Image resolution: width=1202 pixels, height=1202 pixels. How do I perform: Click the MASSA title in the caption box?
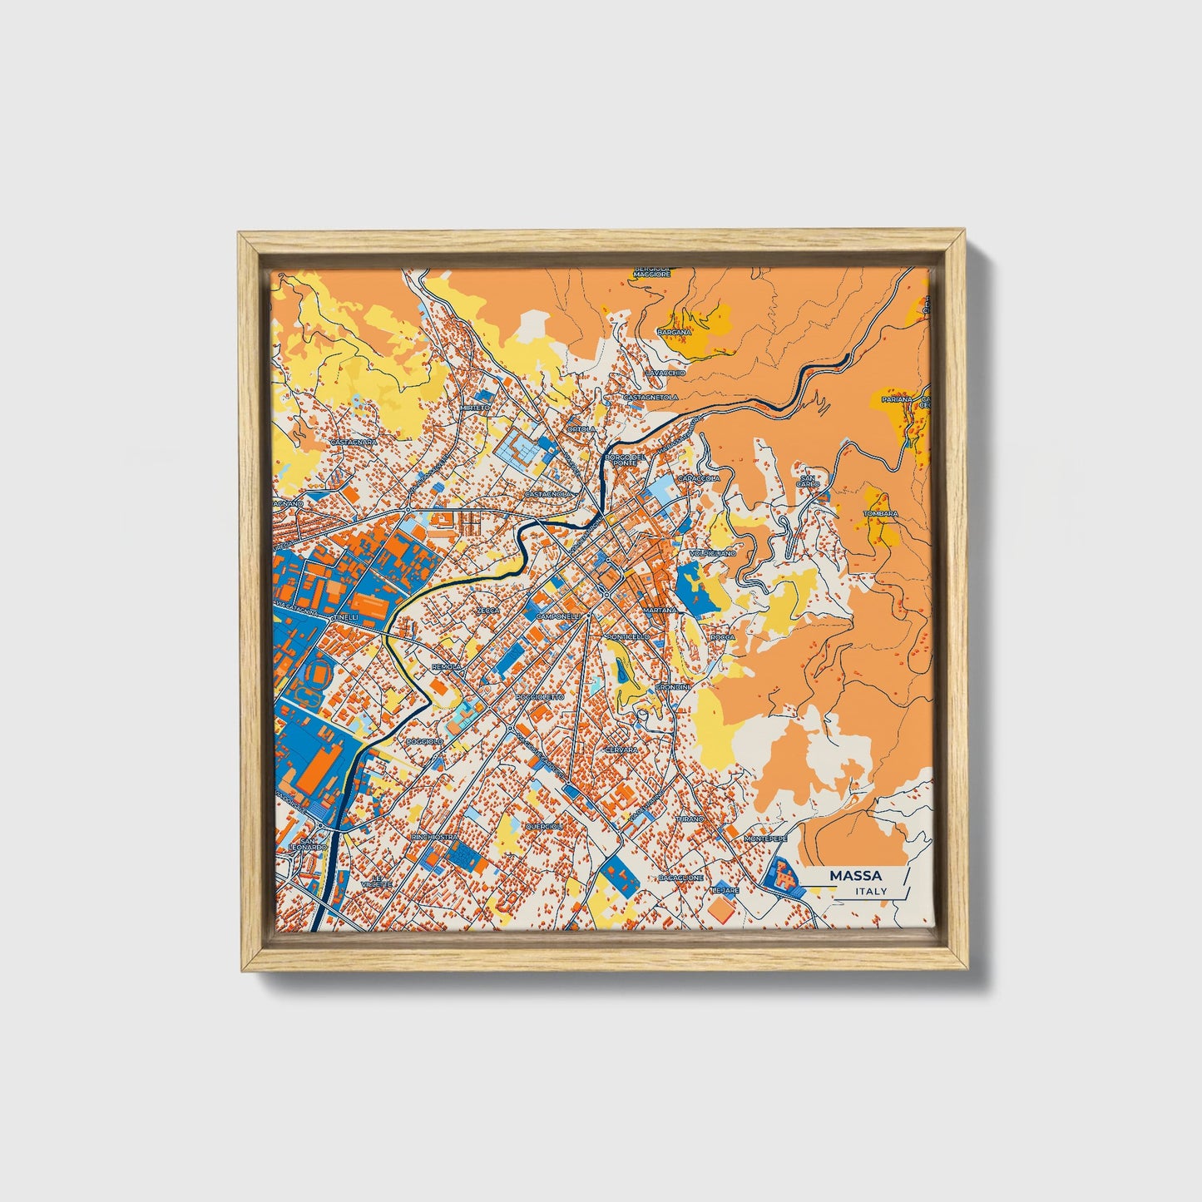click(x=855, y=876)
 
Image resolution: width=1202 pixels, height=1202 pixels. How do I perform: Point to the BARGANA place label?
click(x=674, y=332)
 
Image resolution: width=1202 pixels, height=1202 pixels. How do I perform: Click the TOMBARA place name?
click(x=881, y=514)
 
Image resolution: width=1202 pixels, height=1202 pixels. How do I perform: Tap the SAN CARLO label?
click(x=808, y=481)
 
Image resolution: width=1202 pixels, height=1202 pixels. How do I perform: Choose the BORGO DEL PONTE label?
click(x=626, y=459)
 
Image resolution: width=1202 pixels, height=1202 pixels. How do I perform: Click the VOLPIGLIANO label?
click(x=713, y=552)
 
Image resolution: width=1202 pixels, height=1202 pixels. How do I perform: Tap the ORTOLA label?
click(x=581, y=429)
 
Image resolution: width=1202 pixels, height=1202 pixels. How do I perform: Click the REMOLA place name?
click(x=447, y=667)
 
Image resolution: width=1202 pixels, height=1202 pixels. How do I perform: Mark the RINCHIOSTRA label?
click(x=434, y=836)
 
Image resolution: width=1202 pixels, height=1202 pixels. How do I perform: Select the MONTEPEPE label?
click(x=764, y=838)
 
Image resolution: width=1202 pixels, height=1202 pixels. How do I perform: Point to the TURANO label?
click(x=690, y=819)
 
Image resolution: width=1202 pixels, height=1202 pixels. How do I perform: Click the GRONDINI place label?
click(x=672, y=688)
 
